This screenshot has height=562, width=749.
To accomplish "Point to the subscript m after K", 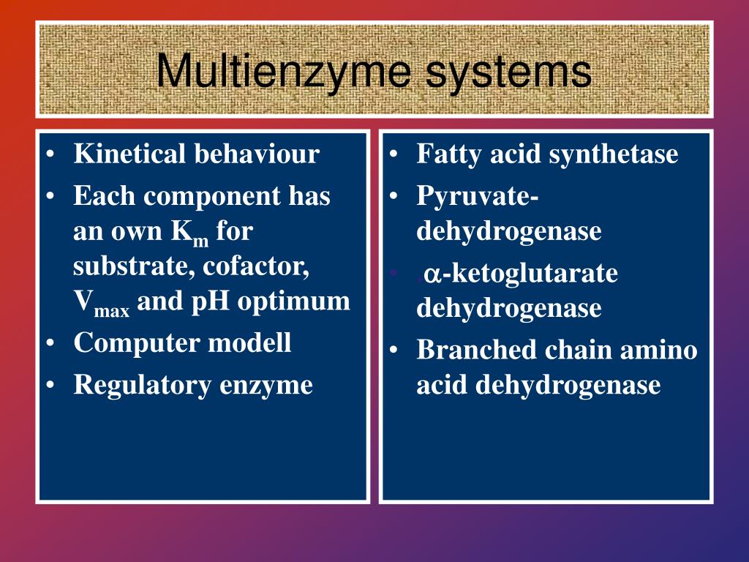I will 200,241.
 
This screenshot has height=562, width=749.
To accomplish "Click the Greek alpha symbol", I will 432,274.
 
